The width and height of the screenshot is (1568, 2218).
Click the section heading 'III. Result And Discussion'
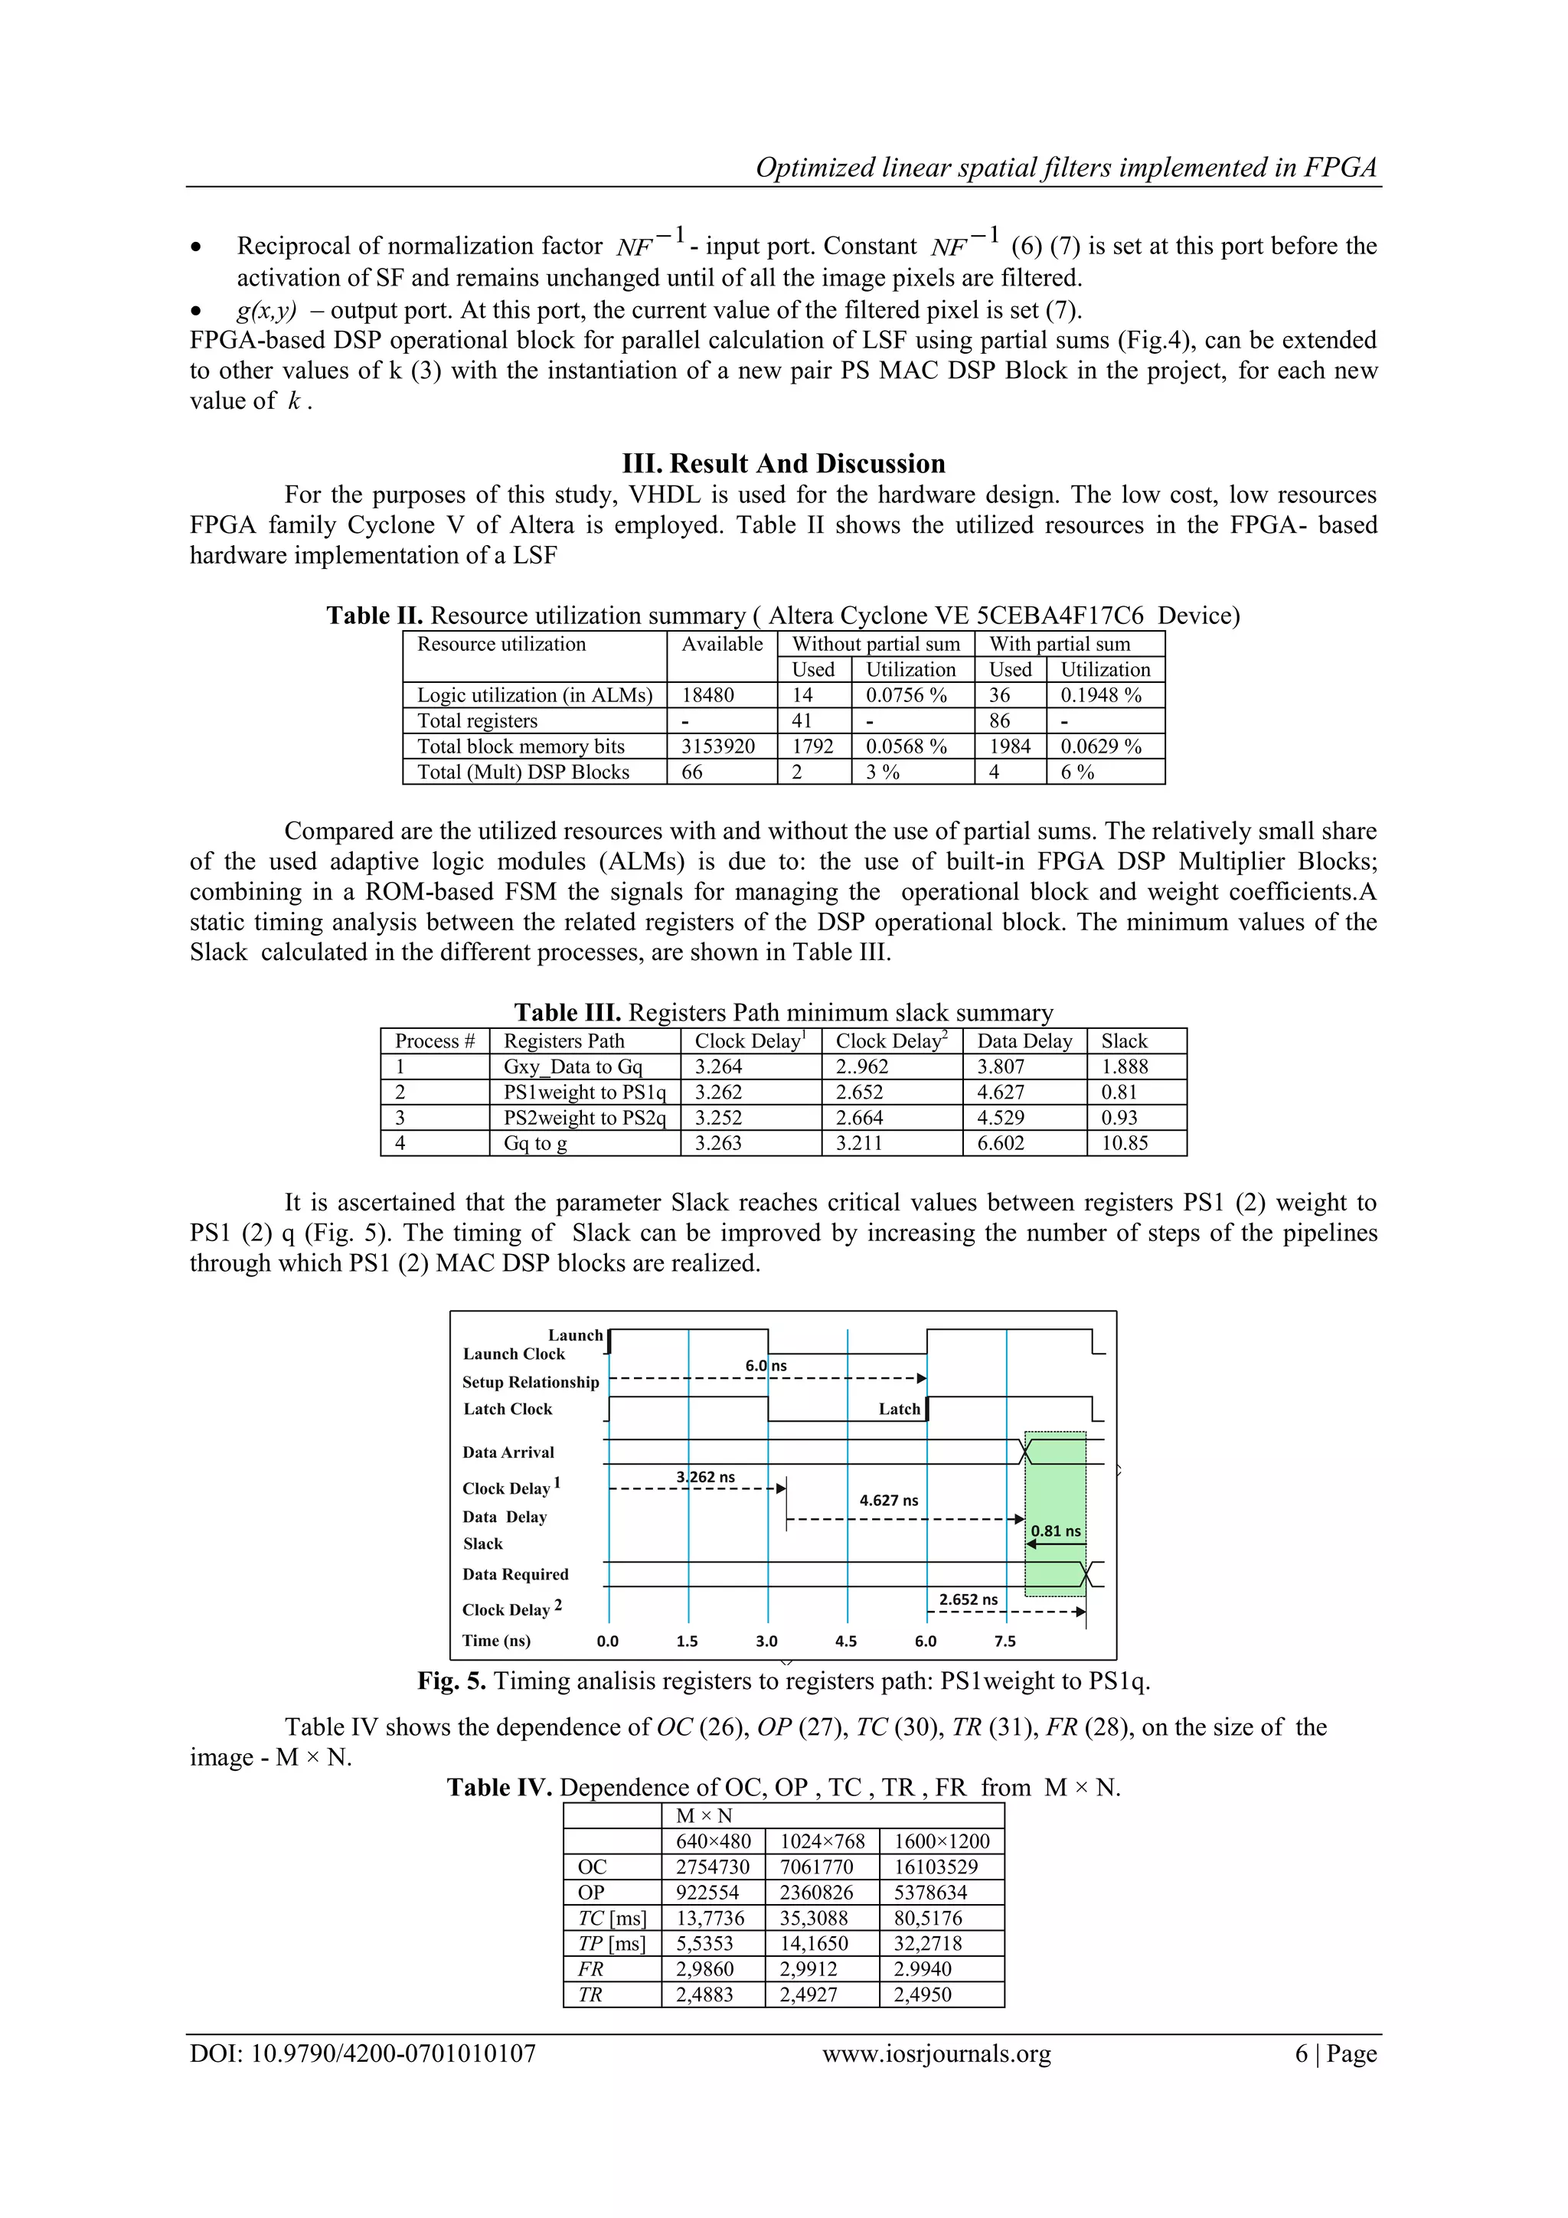783,464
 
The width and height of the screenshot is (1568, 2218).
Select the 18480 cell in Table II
708,695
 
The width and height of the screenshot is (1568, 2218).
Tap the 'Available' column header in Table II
722,645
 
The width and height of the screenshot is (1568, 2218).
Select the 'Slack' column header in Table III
1124,1041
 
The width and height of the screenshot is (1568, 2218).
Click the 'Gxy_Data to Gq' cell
572,1067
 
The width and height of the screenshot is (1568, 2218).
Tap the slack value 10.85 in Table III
1124,1144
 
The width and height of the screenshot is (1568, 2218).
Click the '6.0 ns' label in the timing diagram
765,1366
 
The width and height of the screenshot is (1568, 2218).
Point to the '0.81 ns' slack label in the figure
1055,1531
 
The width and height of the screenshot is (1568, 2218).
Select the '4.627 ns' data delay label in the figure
888,1501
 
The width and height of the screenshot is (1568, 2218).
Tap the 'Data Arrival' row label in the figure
508,1453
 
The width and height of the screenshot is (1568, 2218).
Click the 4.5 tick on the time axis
845,1641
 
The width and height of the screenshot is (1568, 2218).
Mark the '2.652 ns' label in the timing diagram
967,1599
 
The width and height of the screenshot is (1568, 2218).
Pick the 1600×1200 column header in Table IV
941,1842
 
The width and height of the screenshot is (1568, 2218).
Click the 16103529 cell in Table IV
935,1867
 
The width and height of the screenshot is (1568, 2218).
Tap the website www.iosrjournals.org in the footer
936,2054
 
